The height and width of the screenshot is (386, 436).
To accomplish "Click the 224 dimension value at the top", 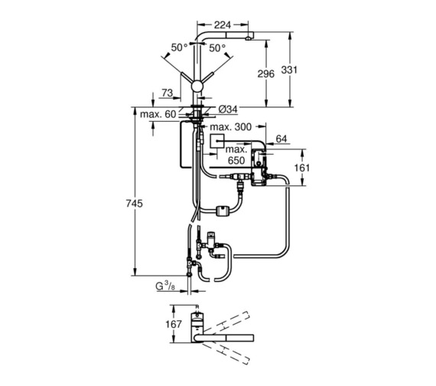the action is click(x=223, y=25).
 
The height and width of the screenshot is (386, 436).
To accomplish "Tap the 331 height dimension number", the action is click(x=289, y=70).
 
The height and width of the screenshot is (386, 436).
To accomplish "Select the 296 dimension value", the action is click(x=266, y=74).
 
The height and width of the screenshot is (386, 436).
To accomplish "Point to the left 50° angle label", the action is click(x=179, y=47).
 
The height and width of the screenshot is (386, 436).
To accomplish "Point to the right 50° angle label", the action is click(x=217, y=48).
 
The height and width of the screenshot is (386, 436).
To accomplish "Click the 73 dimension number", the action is click(x=167, y=93).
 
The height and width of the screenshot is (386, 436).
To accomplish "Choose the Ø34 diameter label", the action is click(x=228, y=110).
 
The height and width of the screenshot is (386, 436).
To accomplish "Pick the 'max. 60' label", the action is click(x=158, y=114).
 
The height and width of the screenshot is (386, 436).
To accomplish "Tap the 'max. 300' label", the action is click(x=230, y=127).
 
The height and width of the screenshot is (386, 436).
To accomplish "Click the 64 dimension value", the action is click(x=281, y=139).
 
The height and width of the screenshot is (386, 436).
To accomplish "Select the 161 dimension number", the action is click(x=301, y=168).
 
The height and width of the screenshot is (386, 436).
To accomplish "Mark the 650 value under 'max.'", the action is click(x=236, y=160).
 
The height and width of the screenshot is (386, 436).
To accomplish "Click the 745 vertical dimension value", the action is click(x=135, y=204).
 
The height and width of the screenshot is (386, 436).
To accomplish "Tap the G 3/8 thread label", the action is click(x=165, y=286).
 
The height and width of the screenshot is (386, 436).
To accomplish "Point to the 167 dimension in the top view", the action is click(x=174, y=324).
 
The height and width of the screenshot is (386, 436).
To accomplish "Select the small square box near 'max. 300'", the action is click(x=217, y=142).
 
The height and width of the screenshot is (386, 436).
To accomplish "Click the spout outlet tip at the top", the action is click(x=247, y=39).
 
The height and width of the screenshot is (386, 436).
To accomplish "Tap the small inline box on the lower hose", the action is click(x=222, y=210).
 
